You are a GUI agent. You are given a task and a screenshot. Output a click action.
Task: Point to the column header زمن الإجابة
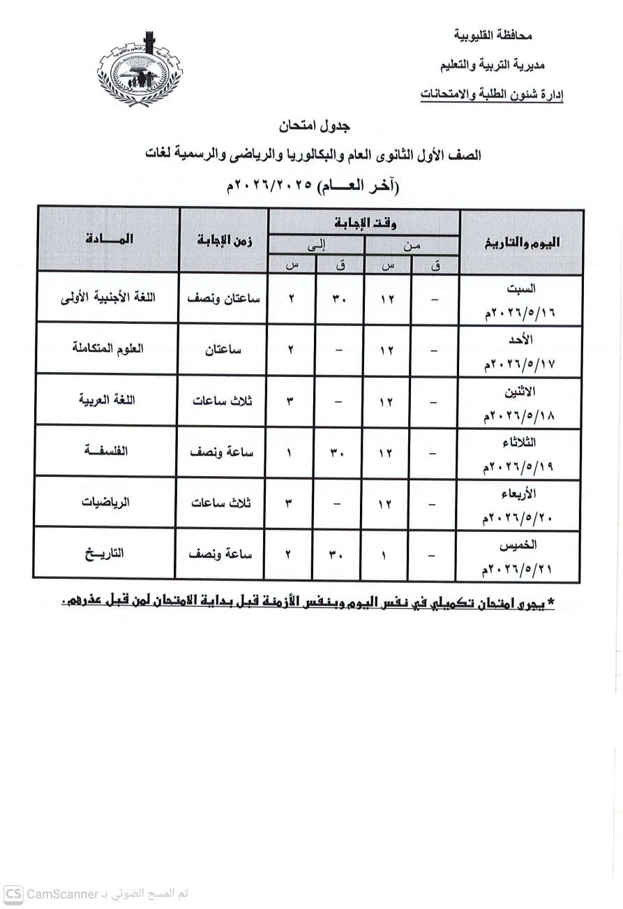[223, 240]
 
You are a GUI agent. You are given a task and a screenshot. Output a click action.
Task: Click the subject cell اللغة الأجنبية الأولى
[108, 297]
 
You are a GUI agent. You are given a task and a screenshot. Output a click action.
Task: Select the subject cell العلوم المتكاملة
[108, 348]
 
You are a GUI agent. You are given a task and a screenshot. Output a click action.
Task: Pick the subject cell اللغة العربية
[107, 399]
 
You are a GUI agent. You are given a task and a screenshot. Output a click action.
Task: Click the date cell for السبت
[518, 298]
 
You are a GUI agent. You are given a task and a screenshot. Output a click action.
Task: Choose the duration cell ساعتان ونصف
[223, 297]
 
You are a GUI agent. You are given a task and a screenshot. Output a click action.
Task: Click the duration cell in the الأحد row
[223, 348]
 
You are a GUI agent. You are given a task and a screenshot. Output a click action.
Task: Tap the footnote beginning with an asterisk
[308, 602]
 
